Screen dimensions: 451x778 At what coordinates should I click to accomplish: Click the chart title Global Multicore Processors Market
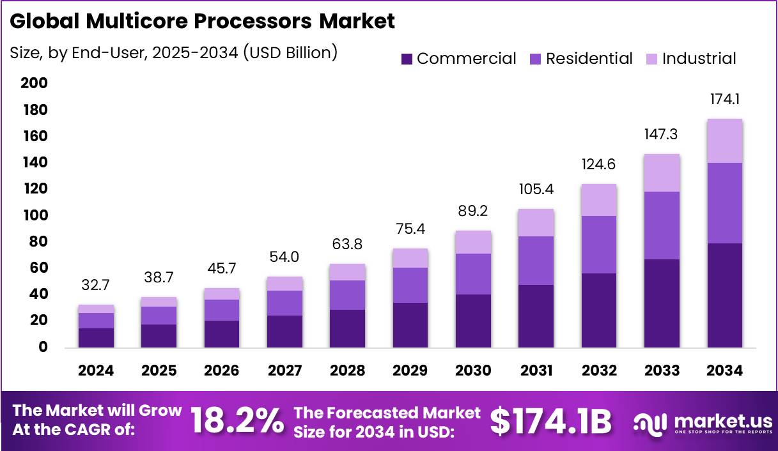click(x=202, y=21)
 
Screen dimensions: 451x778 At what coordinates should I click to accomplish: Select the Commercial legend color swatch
click(x=407, y=59)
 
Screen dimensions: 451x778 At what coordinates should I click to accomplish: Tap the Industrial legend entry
click(x=699, y=59)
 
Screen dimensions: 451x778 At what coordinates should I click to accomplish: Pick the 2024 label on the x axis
click(x=97, y=371)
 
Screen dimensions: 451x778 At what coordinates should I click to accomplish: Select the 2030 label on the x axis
click(x=474, y=371)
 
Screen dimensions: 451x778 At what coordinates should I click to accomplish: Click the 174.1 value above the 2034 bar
click(x=725, y=100)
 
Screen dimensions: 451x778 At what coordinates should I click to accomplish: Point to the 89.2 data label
click(x=474, y=211)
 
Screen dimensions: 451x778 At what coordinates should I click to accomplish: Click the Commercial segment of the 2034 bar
click(x=725, y=295)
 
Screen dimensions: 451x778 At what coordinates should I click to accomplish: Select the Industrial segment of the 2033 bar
click(x=662, y=172)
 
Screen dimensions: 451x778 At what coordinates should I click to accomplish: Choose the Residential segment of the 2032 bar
click(x=599, y=245)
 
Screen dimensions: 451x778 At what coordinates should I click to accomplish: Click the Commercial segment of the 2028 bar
click(x=348, y=328)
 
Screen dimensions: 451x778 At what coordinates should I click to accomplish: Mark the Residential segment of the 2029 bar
click(x=410, y=285)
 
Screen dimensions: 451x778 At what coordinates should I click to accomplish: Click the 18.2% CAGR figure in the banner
click(x=237, y=421)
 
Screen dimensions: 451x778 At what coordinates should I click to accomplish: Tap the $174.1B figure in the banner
click(x=550, y=421)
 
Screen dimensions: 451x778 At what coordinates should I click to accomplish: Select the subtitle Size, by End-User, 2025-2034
click(x=173, y=52)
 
